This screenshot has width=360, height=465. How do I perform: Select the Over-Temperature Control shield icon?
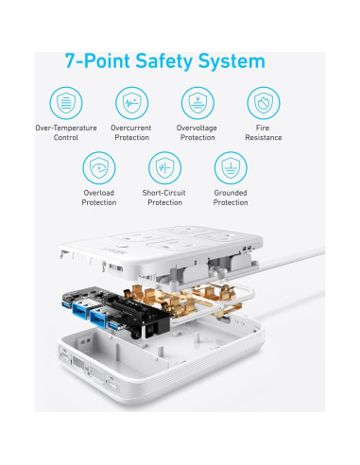click(65, 102)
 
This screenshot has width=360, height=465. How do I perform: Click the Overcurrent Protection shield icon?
click(130, 102)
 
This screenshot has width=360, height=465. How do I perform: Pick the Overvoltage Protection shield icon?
click(196, 102)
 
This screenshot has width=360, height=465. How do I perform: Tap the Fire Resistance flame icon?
click(262, 102)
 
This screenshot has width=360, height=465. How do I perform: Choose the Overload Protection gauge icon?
click(98, 168)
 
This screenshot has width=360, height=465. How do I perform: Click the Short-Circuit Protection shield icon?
click(163, 168)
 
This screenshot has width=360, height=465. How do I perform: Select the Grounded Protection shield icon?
click(230, 168)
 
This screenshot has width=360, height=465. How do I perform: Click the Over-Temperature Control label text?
click(65, 132)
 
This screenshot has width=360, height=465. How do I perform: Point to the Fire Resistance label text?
click(262, 132)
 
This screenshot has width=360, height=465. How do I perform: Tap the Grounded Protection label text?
click(230, 198)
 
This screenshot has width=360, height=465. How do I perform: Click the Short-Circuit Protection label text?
click(163, 198)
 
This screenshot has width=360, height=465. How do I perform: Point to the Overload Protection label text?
click(98, 198)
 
